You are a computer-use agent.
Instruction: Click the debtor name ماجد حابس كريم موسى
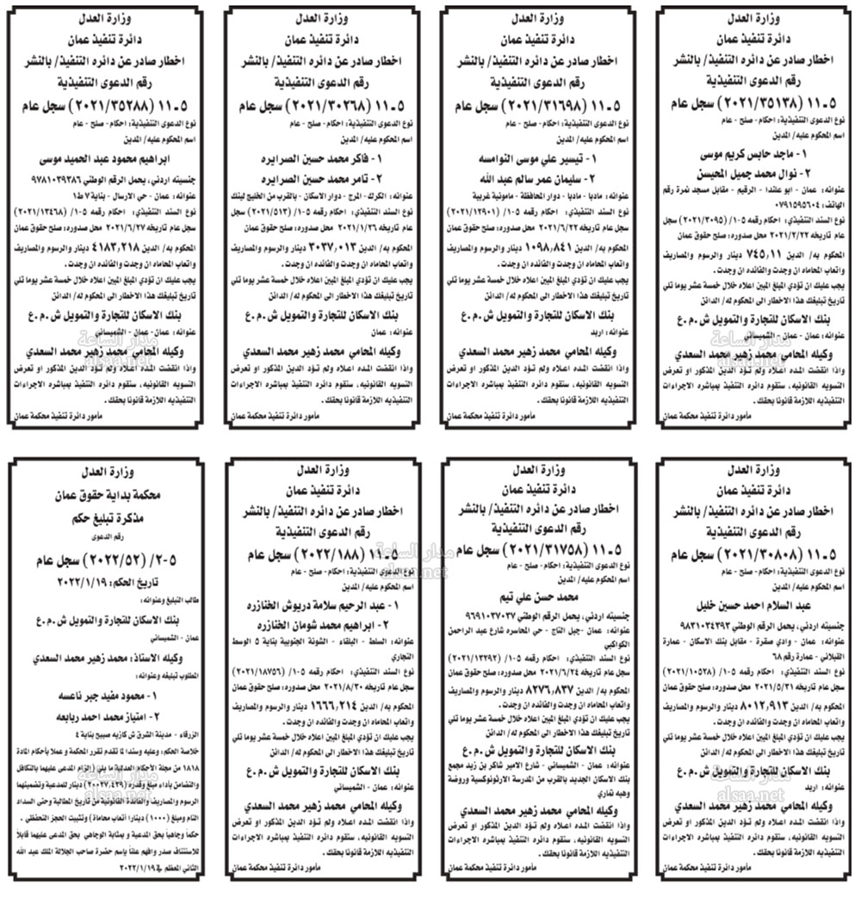tap(757, 158)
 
